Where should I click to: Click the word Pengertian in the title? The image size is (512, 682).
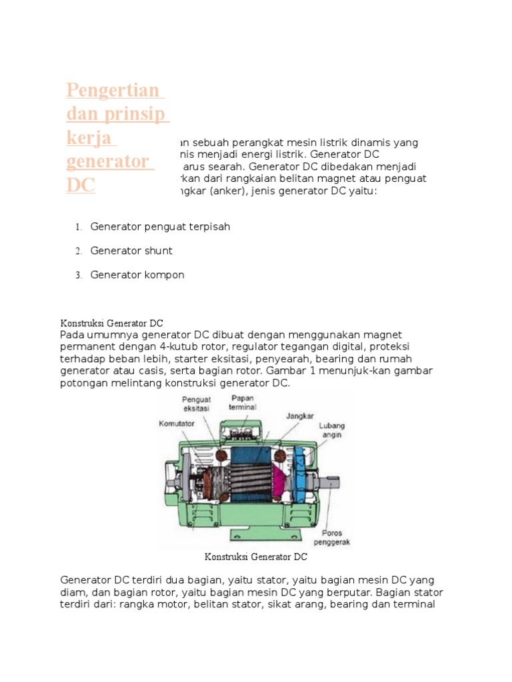tap(112, 91)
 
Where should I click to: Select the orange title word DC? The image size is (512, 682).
tap(81, 186)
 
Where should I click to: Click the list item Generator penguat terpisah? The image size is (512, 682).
tap(160, 227)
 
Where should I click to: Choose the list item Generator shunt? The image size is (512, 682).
tap(131, 251)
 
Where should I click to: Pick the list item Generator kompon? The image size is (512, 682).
tap(137, 275)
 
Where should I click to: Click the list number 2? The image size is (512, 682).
tap(78, 251)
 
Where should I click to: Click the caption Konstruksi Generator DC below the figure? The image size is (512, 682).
tap(255, 556)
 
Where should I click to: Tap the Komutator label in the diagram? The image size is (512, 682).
tap(176, 423)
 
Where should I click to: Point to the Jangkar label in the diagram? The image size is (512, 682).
tap(300, 414)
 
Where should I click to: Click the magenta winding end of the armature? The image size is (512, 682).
tap(281, 478)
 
